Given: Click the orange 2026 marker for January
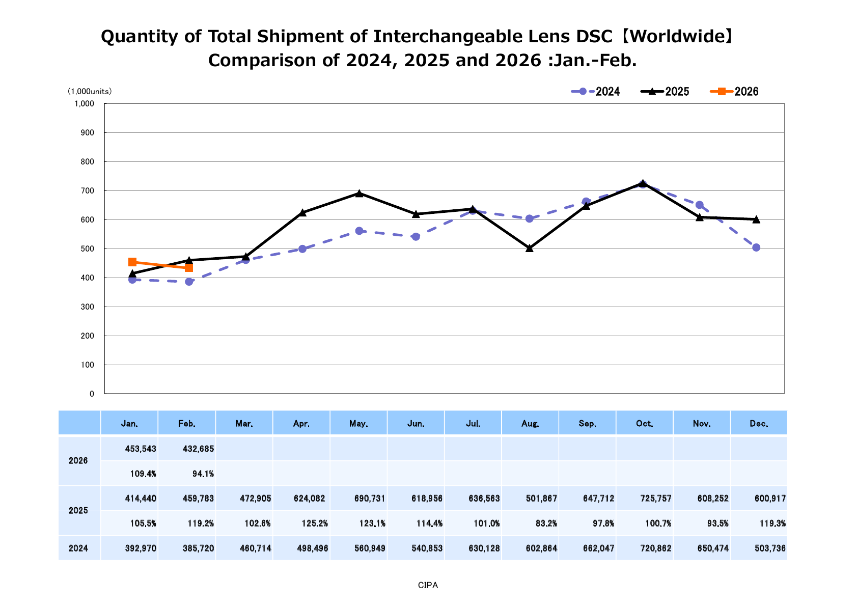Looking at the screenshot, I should click(132, 262).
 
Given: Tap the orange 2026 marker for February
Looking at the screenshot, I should click(189, 268).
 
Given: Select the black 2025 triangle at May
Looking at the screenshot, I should click(359, 194).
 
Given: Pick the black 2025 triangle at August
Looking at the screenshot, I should click(530, 249).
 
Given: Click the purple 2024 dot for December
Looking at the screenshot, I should click(756, 247).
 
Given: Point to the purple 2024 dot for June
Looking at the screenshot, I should click(416, 237).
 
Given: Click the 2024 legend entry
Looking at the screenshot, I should click(596, 92).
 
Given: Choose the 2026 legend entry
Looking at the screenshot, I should click(734, 92).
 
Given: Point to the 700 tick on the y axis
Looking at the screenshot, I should click(88, 191).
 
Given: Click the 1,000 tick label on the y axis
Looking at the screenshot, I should click(85, 104).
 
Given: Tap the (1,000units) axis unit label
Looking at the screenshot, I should click(90, 92).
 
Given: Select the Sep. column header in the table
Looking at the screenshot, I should click(588, 424).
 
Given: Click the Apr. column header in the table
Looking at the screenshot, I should click(301, 424).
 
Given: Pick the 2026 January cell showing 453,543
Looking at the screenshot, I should click(141, 449).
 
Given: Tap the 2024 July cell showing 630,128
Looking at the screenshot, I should click(484, 548).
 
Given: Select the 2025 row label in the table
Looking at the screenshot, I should click(78, 511).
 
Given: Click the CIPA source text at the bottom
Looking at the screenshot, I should click(428, 586).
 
